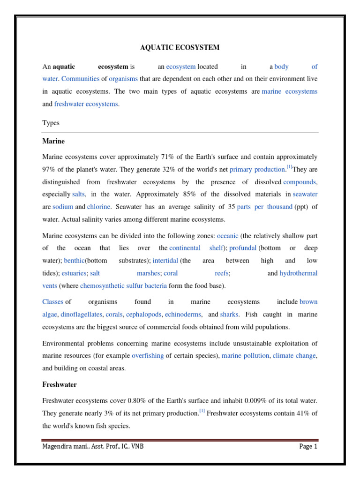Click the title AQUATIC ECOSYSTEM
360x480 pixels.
click(180, 47)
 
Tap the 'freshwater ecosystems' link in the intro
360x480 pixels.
click(86, 104)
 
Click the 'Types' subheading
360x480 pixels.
click(51, 123)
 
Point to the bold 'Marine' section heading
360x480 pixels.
click(53, 141)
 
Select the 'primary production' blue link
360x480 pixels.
click(257, 169)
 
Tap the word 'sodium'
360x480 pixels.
click(63, 206)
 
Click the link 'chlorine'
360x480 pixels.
click(99, 206)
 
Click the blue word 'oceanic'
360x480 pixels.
click(228, 236)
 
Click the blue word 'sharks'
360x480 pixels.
click(229, 315)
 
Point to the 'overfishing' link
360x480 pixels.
click(148, 356)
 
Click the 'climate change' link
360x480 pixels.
click(294, 356)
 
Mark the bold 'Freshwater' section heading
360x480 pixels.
click(60, 384)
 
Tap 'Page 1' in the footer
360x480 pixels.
click(308, 447)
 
